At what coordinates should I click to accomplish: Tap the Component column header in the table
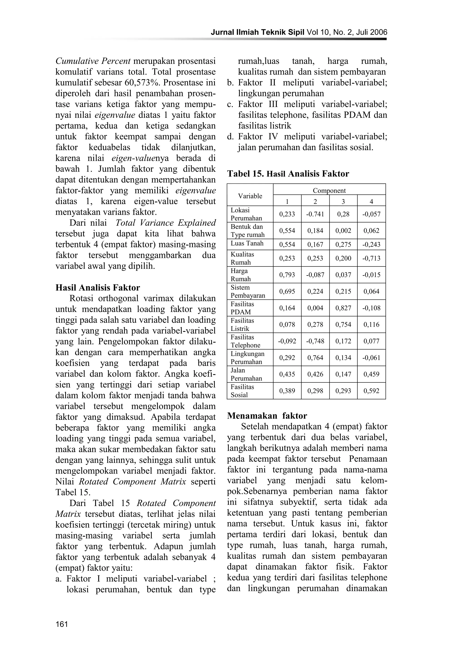(329, 190)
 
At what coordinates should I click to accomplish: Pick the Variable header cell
(250, 196)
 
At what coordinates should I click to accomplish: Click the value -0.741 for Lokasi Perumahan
(315, 214)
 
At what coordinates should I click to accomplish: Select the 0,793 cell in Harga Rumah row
(287, 275)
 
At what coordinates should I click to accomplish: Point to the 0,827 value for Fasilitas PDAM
(343, 308)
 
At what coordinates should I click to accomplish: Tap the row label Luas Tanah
(247, 244)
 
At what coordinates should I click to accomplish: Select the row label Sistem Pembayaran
(248, 292)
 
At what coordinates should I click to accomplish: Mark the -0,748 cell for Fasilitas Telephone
(315, 341)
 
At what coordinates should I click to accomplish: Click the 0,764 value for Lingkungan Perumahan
(315, 358)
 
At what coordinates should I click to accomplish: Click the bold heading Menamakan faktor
(267, 416)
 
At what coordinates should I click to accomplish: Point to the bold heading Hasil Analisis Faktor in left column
(98, 287)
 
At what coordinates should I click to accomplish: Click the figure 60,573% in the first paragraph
(141, 83)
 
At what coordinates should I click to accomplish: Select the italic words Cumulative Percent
(93, 61)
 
